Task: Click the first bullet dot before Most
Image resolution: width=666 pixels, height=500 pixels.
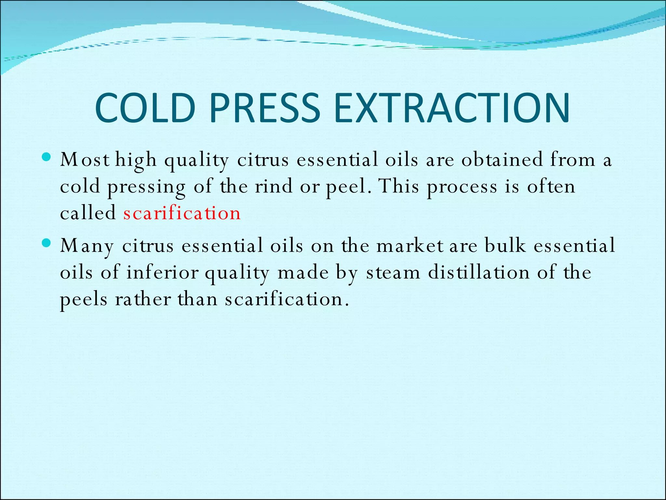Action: point(47,158)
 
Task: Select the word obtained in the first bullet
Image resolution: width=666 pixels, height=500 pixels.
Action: point(502,160)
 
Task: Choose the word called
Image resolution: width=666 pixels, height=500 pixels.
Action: point(88,213)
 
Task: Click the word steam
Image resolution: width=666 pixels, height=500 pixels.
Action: point(393,272)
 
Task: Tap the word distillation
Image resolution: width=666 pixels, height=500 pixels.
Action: point(479,272)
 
